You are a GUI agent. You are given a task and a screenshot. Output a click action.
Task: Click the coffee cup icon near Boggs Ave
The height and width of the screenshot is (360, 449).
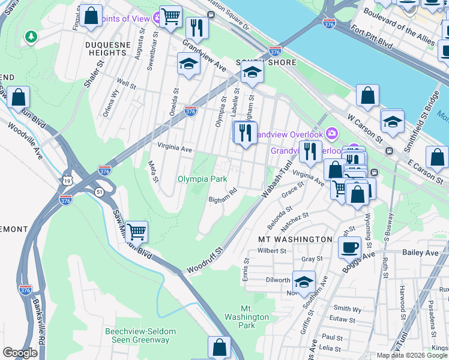pos(349,247)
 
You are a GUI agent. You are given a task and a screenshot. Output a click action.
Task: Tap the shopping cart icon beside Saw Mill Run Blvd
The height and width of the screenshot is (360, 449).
pos(137,231)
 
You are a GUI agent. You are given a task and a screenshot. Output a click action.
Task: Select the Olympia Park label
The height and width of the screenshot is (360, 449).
pos(202,179)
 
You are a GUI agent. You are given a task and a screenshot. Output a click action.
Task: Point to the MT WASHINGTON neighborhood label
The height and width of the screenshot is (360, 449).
pos(295,239)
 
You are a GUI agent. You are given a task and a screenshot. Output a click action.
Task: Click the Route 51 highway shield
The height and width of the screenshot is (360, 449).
pos(97,191)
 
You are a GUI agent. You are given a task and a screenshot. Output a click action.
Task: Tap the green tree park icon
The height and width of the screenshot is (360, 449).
pos(30,37)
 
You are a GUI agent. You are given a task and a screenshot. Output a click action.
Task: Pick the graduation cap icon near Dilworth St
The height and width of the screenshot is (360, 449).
pos(304,281)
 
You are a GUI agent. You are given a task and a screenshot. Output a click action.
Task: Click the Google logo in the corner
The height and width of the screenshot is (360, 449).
pos(20,353)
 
